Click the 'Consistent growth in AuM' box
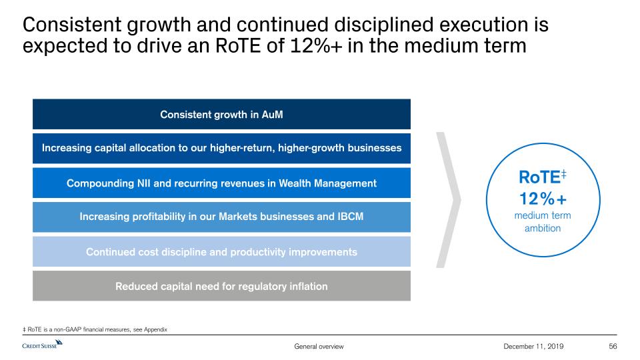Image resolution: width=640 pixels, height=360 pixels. pos(221,114)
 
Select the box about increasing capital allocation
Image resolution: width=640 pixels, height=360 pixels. pos(221,148)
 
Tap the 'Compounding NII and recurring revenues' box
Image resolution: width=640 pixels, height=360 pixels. pos(221,183)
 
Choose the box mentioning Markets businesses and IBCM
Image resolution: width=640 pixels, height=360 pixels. pos(221,217)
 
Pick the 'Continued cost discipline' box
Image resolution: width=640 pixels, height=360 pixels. pos(221,251)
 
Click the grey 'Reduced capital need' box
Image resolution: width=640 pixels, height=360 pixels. pos(221,286)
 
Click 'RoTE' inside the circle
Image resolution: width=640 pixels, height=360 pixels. pos(539,177)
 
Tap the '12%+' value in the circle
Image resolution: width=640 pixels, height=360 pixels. pos(543,199)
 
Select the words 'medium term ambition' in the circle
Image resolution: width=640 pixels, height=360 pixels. pos(543,221)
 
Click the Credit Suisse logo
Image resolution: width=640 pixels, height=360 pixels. pos(42,345)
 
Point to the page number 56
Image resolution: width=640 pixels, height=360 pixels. pos(613,346)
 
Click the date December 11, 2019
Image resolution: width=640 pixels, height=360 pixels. pos(533,346)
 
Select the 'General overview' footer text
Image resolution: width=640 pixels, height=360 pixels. pos(319,346)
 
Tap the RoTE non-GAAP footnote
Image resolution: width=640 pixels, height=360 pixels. pos(95,329)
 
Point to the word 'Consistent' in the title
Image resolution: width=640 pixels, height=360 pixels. pos(72,25)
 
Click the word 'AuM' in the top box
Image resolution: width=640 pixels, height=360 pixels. pos(272,114)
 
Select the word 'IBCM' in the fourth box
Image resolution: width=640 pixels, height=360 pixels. pos(350,216)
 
